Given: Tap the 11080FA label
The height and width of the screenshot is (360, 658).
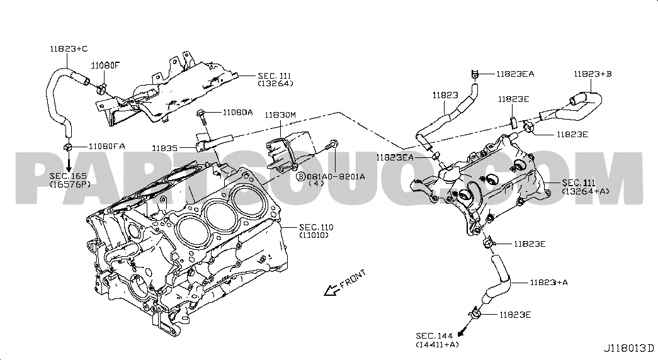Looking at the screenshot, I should point(106,146).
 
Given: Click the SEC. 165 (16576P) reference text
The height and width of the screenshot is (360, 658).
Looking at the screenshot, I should point(70,179).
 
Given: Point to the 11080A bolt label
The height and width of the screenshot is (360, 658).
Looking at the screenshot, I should point(237,112).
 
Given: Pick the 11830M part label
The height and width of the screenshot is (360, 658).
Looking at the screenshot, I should point(280,115).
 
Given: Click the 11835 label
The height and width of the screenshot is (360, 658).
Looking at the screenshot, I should point(165,148).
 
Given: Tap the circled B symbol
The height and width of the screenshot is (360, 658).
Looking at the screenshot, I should point(301,177).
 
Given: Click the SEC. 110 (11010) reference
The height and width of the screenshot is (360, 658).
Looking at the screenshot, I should point(316,230).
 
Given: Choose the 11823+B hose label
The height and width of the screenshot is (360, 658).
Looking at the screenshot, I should point(592,74).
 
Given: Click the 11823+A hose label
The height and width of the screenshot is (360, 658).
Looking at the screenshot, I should point(548,283).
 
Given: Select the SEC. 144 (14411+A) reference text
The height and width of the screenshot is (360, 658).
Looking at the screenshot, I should point(436,340).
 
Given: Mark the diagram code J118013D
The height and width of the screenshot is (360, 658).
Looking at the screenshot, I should point(629,347).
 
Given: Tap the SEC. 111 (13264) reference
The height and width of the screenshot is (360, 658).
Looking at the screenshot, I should point(275,78).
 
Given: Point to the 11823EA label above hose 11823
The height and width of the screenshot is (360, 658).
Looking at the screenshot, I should point(514,74).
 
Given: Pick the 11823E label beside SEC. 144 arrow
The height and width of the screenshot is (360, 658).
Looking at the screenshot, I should point(515,313).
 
